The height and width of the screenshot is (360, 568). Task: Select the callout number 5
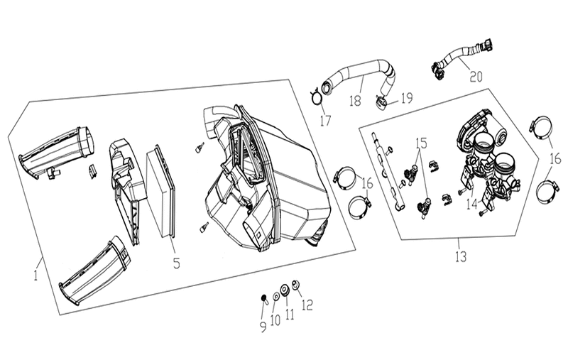pyautogui.click(x=176, y=263)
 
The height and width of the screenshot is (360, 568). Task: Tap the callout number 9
pyautogui.click(x=263, y=327)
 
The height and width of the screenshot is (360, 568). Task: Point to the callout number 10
pyautogui.click(x=275, y=320)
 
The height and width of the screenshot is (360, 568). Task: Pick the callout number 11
pyautogui.click(x=290, y=315)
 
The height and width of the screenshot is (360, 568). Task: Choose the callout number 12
pyautogui.click(x=307, y=305)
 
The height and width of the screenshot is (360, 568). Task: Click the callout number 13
pyautogui.click(x=460, y=257)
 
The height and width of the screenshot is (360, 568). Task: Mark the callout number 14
pyautogui.click(x=471, y=204)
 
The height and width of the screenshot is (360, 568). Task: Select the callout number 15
pyautogui.click(x=421, y=143)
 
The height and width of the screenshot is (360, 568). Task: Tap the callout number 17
pyautogui.click(x=325, y=120)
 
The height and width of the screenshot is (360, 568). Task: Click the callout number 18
pyautogui.click(x=356, y=100)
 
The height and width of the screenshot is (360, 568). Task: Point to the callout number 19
pyautogui.click(x=407, y=98)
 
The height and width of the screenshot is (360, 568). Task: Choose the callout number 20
pyautogui.click(x=476, y=77)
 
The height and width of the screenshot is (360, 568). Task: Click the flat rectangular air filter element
pyautogui.click(x=160, y=192)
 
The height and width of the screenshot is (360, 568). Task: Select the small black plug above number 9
pyautogui.click(x=263, y=298)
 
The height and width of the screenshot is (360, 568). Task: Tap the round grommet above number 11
pyautogui.click(x=285, y=290)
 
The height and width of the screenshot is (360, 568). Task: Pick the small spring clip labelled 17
pyautogui.click(x=315, y=97)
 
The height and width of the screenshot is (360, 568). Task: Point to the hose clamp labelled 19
pyautogui.click(x=381, y=102)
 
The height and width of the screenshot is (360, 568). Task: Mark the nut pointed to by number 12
pyautogui.click(x=295, y=285)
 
